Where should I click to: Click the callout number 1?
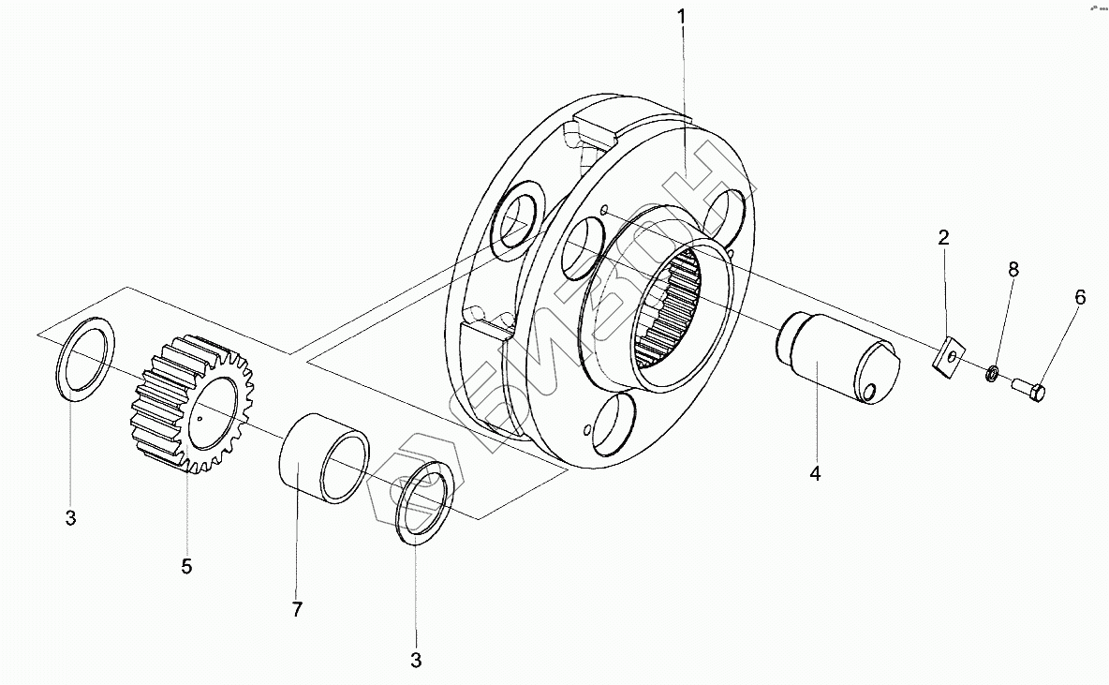(x=683, y=16)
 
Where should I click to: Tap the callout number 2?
(x=944, y=238)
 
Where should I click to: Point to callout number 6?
(x=1080, y=297)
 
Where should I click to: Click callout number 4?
(x=815, y=473)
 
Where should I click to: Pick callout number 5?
(x=186, y=566)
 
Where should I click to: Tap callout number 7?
(x=297, y=610)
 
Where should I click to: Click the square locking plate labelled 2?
(x=949, y=357)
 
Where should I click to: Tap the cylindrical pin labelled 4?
(x=834, y=357)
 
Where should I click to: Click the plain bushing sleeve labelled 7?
(x=323, y=461)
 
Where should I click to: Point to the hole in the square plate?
(x=951, y=356)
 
